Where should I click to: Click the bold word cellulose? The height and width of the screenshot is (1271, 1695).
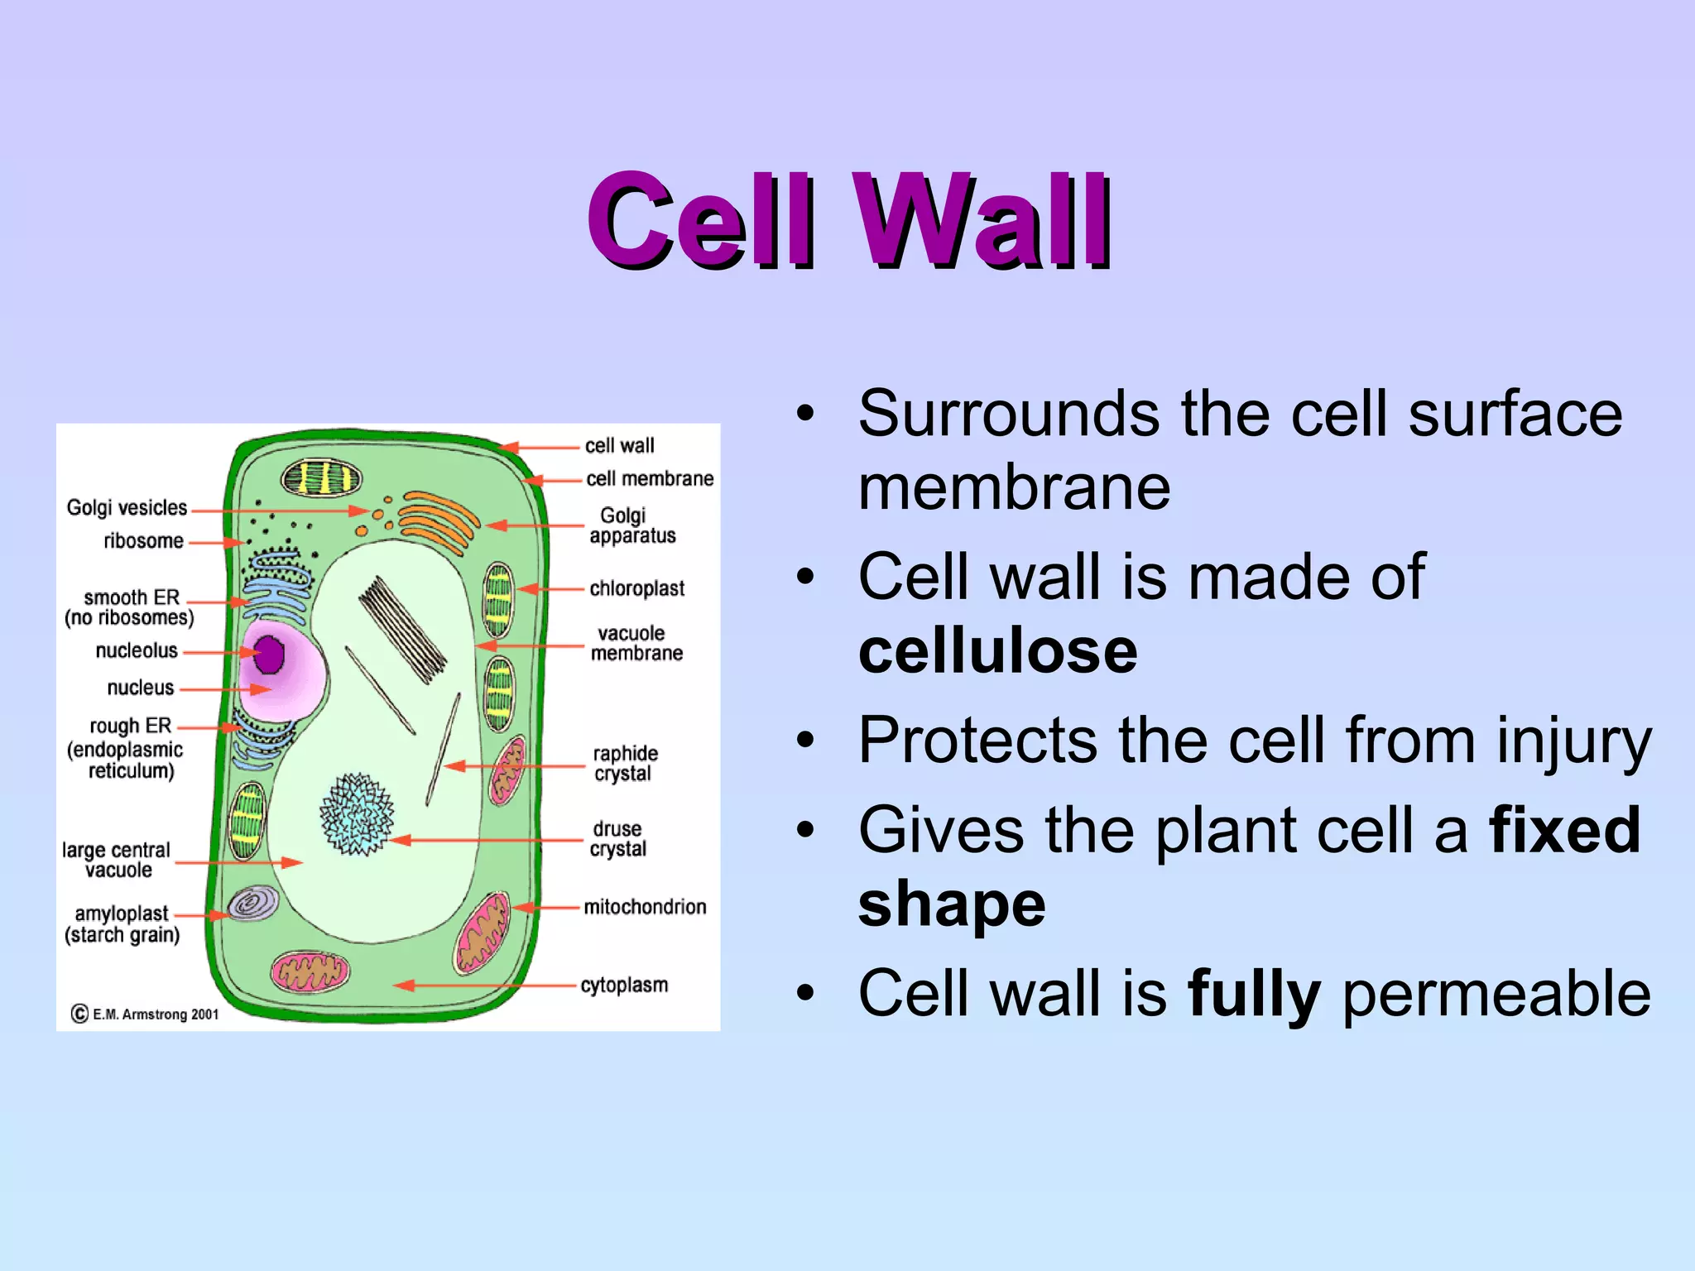(x=998, y=651)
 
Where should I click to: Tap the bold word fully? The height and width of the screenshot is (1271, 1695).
(x=1254, y=993)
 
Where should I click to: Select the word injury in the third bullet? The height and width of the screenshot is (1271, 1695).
(x=1573, y=741)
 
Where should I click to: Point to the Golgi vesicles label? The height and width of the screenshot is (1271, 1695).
(x=127, y=507)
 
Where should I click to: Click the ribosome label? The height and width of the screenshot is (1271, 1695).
(x=143, y=541)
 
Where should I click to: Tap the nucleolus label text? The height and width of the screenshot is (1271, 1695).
(x=137, y=651)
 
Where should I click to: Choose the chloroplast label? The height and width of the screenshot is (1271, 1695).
(x=636, y=588)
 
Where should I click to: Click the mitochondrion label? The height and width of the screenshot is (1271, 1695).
(x=645, y=907)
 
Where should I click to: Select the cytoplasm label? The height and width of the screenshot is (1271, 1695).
(x=624, y=986)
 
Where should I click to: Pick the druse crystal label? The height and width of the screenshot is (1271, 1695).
(x=617, y=839)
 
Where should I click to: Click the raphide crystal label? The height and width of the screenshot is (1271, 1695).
(x=625, y=763)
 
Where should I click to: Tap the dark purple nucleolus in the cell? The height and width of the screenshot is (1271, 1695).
(x=269, y=655)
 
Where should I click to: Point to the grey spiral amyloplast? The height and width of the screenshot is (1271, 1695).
(x=252, y=904)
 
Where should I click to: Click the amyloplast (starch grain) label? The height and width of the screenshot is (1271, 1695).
(x=122, y=924)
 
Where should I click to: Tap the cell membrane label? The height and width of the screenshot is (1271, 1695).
(x=650, y=479)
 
